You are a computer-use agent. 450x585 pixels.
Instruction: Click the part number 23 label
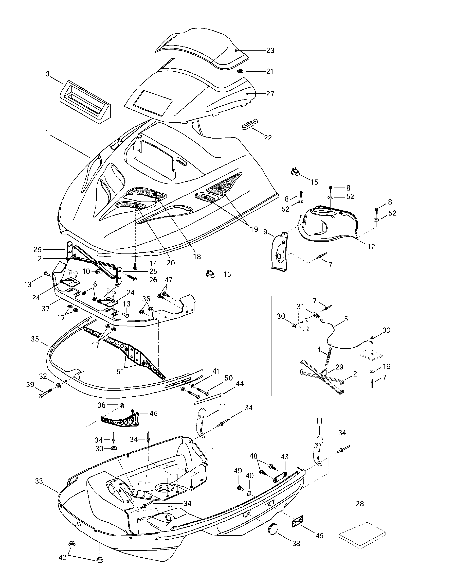270,50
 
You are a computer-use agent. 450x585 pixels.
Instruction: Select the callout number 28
360,504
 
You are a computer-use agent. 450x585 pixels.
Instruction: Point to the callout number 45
320,535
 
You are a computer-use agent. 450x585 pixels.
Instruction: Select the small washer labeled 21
240,72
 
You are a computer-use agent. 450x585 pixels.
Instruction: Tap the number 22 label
268,138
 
